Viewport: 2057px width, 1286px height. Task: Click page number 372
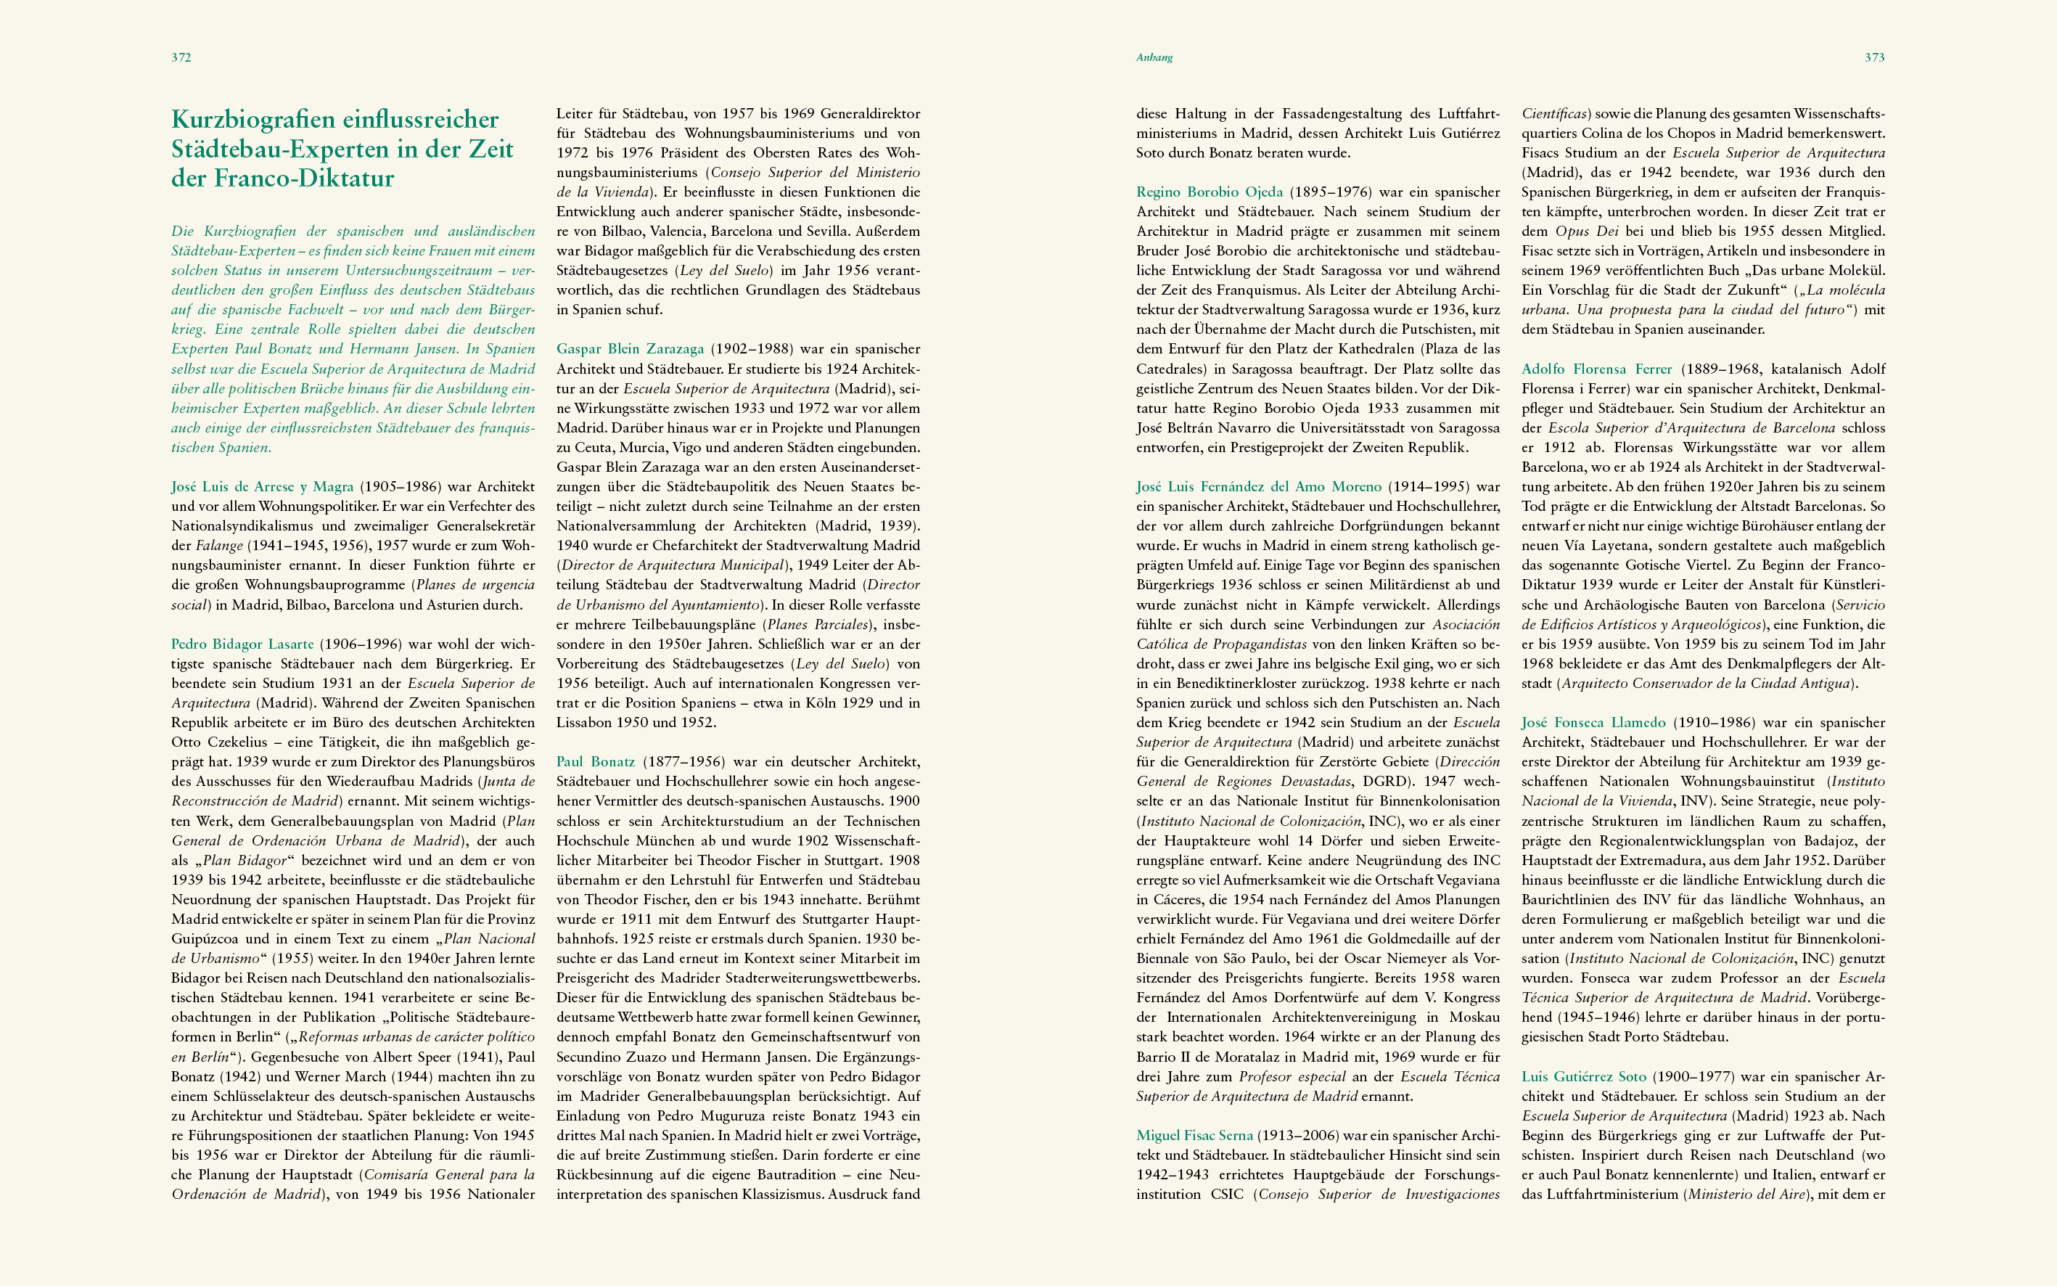click(181, 58)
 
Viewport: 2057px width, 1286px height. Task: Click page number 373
click(1874, 58)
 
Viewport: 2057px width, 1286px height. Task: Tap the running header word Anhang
click(1154, 58)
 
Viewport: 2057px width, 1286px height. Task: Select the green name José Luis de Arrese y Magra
click(262, 486)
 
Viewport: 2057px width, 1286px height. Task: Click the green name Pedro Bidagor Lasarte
click(242, 644)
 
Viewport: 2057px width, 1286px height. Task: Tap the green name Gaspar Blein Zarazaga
click(630, 349)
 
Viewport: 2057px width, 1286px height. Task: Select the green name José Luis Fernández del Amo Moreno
click(1259, 486)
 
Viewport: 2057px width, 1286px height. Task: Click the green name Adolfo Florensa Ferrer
click(1596, 369)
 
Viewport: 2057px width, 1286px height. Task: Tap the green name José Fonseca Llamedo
click(1593, 722)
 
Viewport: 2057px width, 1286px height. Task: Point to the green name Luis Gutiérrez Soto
click(1583, 1077)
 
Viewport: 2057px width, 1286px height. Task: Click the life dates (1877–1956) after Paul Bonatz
click(683, 761)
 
